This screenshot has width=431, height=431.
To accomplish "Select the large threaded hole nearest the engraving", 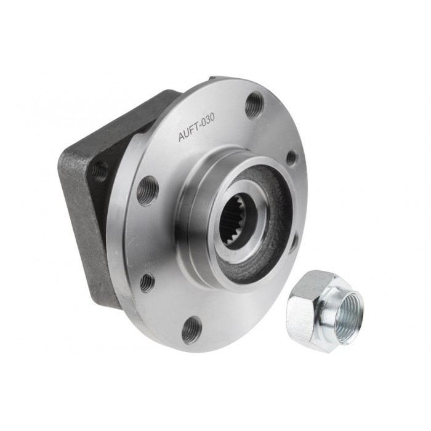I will (254, 105).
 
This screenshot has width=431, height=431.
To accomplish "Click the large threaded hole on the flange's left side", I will (147, 190).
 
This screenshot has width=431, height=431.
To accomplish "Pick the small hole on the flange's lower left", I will (147, 282).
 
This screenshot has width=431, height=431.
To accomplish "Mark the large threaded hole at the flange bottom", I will (192, 329).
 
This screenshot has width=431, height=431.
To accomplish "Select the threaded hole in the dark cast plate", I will (100, 171).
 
